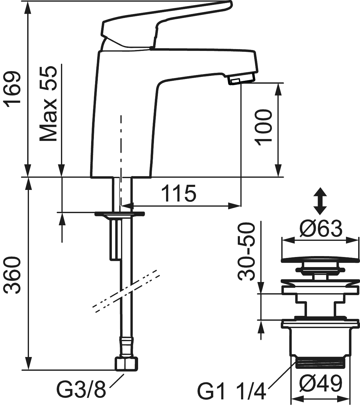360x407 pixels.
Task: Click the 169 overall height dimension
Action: [x=14, y=89]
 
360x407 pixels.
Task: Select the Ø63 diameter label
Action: [x=321, y=229]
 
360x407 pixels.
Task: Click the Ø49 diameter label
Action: [x=321, y=384]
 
